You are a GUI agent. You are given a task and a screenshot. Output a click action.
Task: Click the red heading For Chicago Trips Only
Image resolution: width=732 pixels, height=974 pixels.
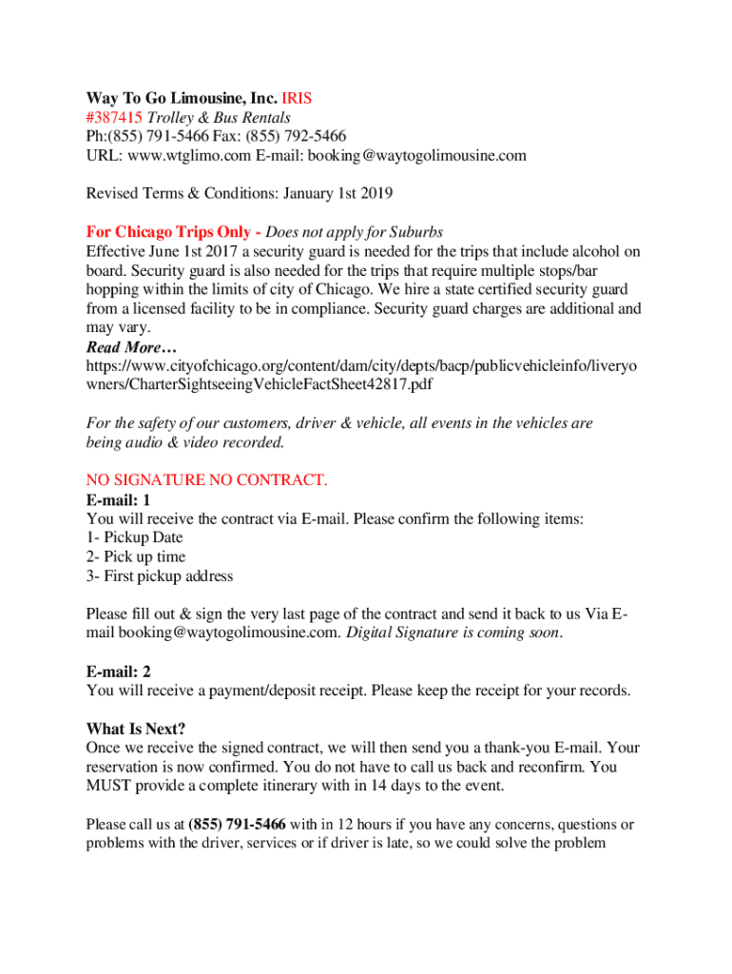(x=168, y=232)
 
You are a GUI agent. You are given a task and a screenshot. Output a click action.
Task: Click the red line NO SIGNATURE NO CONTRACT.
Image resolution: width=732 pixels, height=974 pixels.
(x=206, y=480)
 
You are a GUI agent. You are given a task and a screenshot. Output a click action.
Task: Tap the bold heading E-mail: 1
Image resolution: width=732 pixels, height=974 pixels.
(x=118, y=499)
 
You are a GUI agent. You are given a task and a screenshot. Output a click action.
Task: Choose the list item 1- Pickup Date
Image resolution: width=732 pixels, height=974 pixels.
(x=134, y=537)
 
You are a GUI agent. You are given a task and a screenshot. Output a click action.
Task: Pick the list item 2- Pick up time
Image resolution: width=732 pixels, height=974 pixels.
(x=136, y=556)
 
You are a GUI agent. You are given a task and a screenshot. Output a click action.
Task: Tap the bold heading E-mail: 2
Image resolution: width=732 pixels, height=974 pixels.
(x=118, y=672)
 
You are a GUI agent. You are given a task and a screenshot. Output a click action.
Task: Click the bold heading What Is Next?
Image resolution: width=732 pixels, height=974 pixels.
(x=136, y=730)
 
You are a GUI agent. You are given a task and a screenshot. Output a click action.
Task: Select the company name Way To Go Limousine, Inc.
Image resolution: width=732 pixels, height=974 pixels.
(x=182, y=99)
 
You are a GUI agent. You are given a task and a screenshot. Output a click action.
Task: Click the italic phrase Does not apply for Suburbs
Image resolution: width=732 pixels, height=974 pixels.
(x=355, y=232)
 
